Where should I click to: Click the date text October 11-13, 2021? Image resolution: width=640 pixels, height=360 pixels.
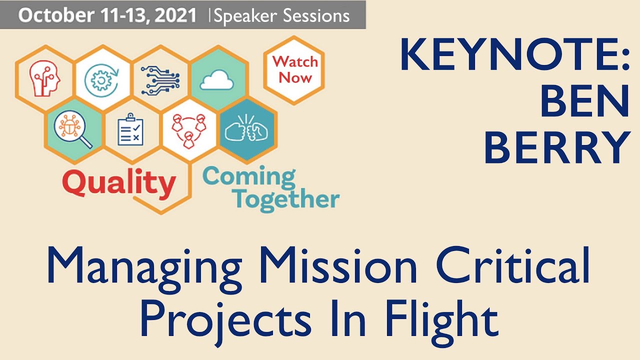point(107,15)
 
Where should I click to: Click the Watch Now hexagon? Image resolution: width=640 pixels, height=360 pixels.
point(295,70)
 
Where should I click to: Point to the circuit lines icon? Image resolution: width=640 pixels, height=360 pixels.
point(159,80)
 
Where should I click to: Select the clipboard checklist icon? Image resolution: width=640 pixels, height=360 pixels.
point(131,129)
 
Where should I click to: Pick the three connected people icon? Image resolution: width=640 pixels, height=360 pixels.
point(189,130)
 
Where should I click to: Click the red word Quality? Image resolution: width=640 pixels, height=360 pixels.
point(119,183)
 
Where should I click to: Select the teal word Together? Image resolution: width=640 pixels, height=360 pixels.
point(287,199)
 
